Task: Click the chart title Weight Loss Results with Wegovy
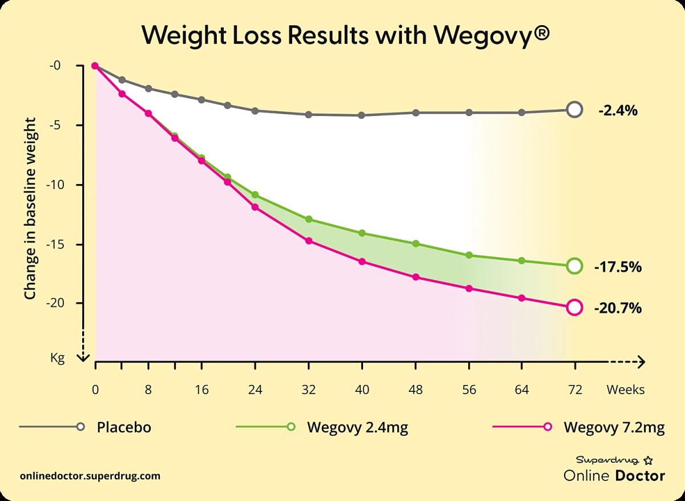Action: (x=345, y=35)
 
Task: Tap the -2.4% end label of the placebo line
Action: (x=618, y=111)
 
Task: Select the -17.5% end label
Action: (x=618, y=267)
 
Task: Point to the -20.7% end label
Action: (x=618, y=308)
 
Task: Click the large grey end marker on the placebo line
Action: (x=575, y=110)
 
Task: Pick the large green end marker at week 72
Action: (x=575, y=266)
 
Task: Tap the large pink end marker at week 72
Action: (x=575, y=307)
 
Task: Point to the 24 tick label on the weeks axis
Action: (x=255, y=390)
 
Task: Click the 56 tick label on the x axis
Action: (x=469, y=390)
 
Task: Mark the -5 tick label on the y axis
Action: (x=58, y=125)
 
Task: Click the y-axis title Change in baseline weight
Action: (x=30, y=209)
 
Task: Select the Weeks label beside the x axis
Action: (x=626, y=390)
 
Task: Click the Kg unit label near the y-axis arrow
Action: (x=58, y=358)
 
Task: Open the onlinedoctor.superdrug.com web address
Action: (x=90, y=476)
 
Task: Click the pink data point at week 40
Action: (x=362, y=262)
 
